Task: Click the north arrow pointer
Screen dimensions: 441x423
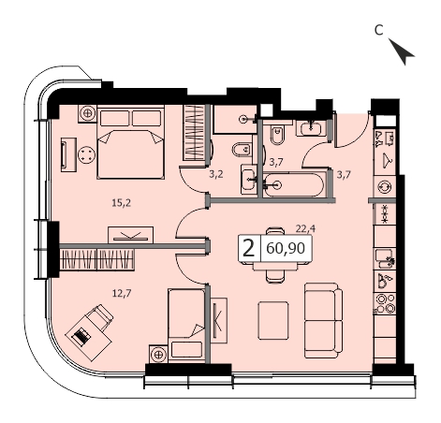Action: click(402, 51)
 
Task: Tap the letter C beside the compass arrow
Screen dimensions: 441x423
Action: click(378, 30)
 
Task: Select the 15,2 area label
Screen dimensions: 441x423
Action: click(122, 203)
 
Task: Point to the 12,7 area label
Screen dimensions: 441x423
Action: click(122, 293)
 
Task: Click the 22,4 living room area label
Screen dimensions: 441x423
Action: click(305, 229)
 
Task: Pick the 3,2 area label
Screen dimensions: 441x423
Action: click(216, 174)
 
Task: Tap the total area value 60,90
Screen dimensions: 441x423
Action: click(286, 249)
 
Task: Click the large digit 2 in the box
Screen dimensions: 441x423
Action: click(248, 249)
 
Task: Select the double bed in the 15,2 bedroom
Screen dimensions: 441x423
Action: click(131, 142)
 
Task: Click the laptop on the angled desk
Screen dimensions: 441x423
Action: click(81, 336)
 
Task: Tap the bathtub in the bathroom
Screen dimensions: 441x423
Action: click(293, 185)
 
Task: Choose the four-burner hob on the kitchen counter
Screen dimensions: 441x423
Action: click(386, 302)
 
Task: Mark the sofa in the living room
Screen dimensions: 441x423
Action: click(323, 320)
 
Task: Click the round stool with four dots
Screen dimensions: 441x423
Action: click(87, 154)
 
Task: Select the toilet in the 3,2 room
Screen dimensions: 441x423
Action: click(242, 150)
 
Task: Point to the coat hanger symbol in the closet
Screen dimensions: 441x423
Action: click(387, 160)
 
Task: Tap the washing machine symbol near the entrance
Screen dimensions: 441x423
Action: click(385, 187)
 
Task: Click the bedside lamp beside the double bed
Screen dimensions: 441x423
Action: click(88, 113)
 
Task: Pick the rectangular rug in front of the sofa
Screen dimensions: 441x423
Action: click(273, 320)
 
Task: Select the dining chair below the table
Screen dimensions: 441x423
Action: click(275, 276)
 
